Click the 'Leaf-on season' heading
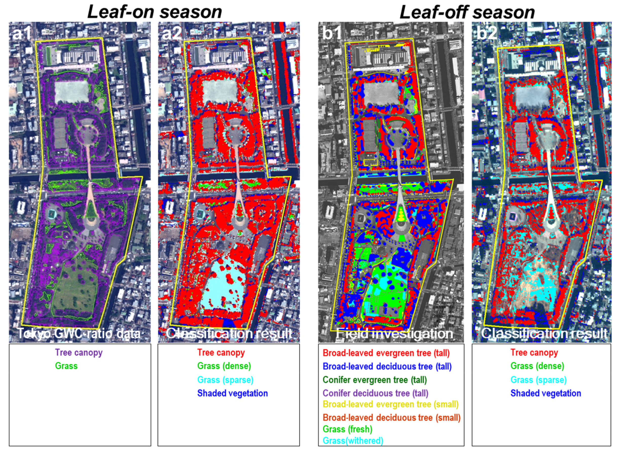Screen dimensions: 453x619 tap(154, 12)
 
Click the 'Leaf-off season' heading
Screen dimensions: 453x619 tap(467, 12)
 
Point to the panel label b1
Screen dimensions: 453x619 tap(332, 34)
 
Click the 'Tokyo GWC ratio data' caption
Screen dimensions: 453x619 tap(79, 334)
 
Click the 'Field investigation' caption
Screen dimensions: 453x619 tap(394, 334)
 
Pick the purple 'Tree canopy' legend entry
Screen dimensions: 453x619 tap(79, 352)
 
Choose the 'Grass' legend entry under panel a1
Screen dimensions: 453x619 tap(66, 366)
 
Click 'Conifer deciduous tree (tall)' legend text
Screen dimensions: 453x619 tap(375, 393)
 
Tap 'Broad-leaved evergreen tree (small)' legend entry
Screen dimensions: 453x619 tap(391, 405)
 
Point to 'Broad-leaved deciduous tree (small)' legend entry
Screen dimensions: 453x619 tap(392, 418)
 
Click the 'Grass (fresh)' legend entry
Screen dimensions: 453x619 tap(348, 429)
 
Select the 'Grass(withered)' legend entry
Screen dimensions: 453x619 tap(353, 441)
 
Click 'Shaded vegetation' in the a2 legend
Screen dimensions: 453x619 tap(233, 393)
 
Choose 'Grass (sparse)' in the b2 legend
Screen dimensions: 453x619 tap(539, 380)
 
